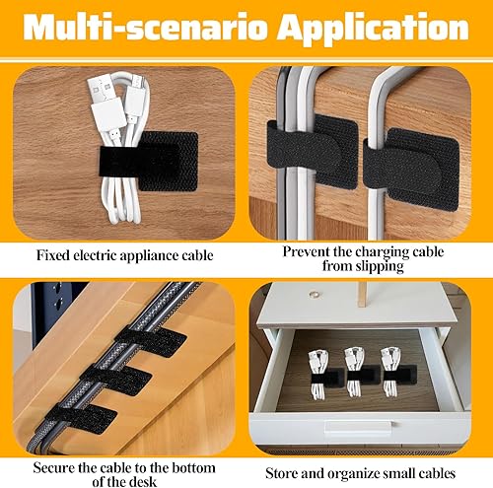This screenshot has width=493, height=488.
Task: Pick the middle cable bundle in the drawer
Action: click(x=356, y=369)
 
